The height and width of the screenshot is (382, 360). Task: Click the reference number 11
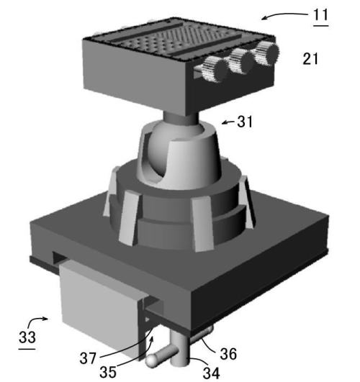pyautogui.click(x=320, y=15)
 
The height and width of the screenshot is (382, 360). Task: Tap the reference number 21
pyautogui.click(x=310, y=59)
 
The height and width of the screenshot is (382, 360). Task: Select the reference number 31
pyautogui.click(x=245, y=122)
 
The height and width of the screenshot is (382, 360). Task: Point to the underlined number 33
pyautogui.click(x=27, y=337)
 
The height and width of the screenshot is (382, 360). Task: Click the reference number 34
pyautogui.click(x=211, y=373)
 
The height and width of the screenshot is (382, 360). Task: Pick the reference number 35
pyautogui.click(x=108, y=372)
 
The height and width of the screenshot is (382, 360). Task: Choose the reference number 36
pyautogui.click(x=228, y=354)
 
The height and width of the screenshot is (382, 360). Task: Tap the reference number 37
pyautogui.click(x=88, y=358)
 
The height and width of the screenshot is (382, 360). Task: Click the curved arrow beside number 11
pyautogui.click(x=284, y=15)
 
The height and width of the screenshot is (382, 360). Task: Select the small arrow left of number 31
pyautogui.click(x=228, y=122)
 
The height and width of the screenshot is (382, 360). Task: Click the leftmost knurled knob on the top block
pyautogui.click(x=215, y=69)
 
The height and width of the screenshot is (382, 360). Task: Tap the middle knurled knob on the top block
pyautogui.click(x=241, y=60)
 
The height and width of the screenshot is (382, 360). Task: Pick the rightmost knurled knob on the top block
pyautogui.click(x=266, y=53)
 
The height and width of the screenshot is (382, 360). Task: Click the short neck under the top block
pyautogui.click(x=181, y=119)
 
